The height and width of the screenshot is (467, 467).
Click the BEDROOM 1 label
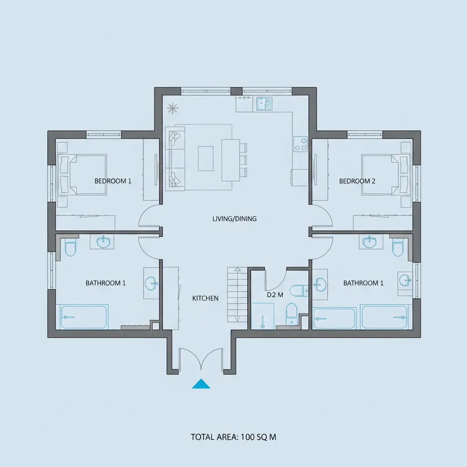click(x=113, y=181)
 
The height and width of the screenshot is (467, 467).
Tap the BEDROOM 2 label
click(x=357, y=181)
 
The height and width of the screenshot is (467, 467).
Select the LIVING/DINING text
click(x=234, y=219)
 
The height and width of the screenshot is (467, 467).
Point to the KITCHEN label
click(x=205, y=298)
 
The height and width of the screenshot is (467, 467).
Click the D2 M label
click(x=275, y=295)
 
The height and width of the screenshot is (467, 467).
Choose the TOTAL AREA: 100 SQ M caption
click(x=233, y=437)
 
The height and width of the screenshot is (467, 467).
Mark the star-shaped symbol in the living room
click(x=172, y=108)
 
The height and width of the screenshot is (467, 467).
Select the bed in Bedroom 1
click(x=82, y=175)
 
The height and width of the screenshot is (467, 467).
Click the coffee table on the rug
click(x=206, y=158)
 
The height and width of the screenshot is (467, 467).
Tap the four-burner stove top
click(x=301, y=144)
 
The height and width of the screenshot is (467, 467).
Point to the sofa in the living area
click(x=175, y=158)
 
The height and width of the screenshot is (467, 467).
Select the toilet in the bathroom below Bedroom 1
click(x=70, y=248)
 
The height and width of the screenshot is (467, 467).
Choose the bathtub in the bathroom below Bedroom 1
click(x=84, y=317)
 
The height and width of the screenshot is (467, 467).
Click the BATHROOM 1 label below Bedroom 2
click(x=363, y=283)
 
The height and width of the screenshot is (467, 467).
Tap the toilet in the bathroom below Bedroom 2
click(x=398, y=248)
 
